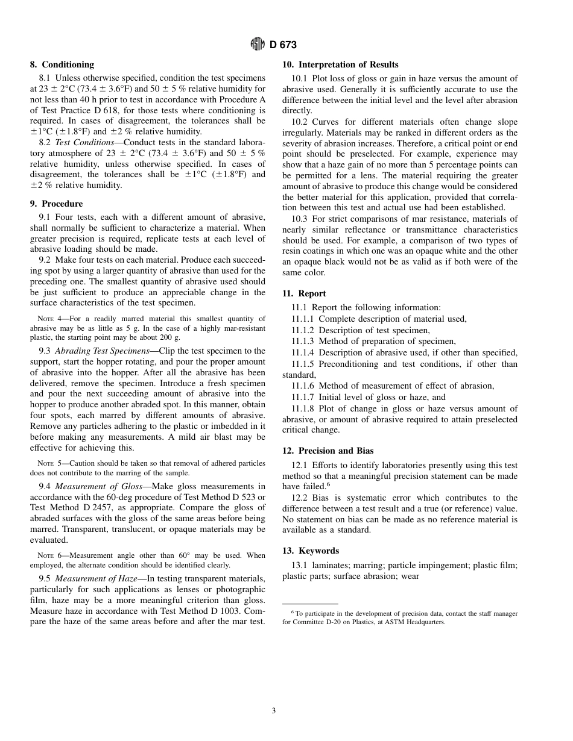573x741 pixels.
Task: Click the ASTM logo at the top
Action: (x=258, y=45)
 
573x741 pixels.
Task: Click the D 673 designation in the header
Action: (x=283, y=45)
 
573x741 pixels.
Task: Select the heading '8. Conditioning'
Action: (x=62, y=64)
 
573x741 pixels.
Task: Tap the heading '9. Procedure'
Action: (x=57, y=204)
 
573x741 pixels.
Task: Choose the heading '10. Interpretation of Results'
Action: (x=340, y=64)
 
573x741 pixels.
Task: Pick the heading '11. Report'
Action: (x=304, y=293)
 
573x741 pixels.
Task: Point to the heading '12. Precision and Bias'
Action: (x=328, y=451)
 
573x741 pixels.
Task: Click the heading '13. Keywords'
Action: (x=310, y=551)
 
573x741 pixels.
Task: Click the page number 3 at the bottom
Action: (x=274, y=711)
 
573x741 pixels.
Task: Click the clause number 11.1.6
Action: (x=303, y=386)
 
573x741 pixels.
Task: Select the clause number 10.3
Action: (x=299, y=219)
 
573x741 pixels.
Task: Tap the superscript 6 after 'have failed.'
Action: (x=328, y=484)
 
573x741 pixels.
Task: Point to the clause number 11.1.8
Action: (x=303, y=408)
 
